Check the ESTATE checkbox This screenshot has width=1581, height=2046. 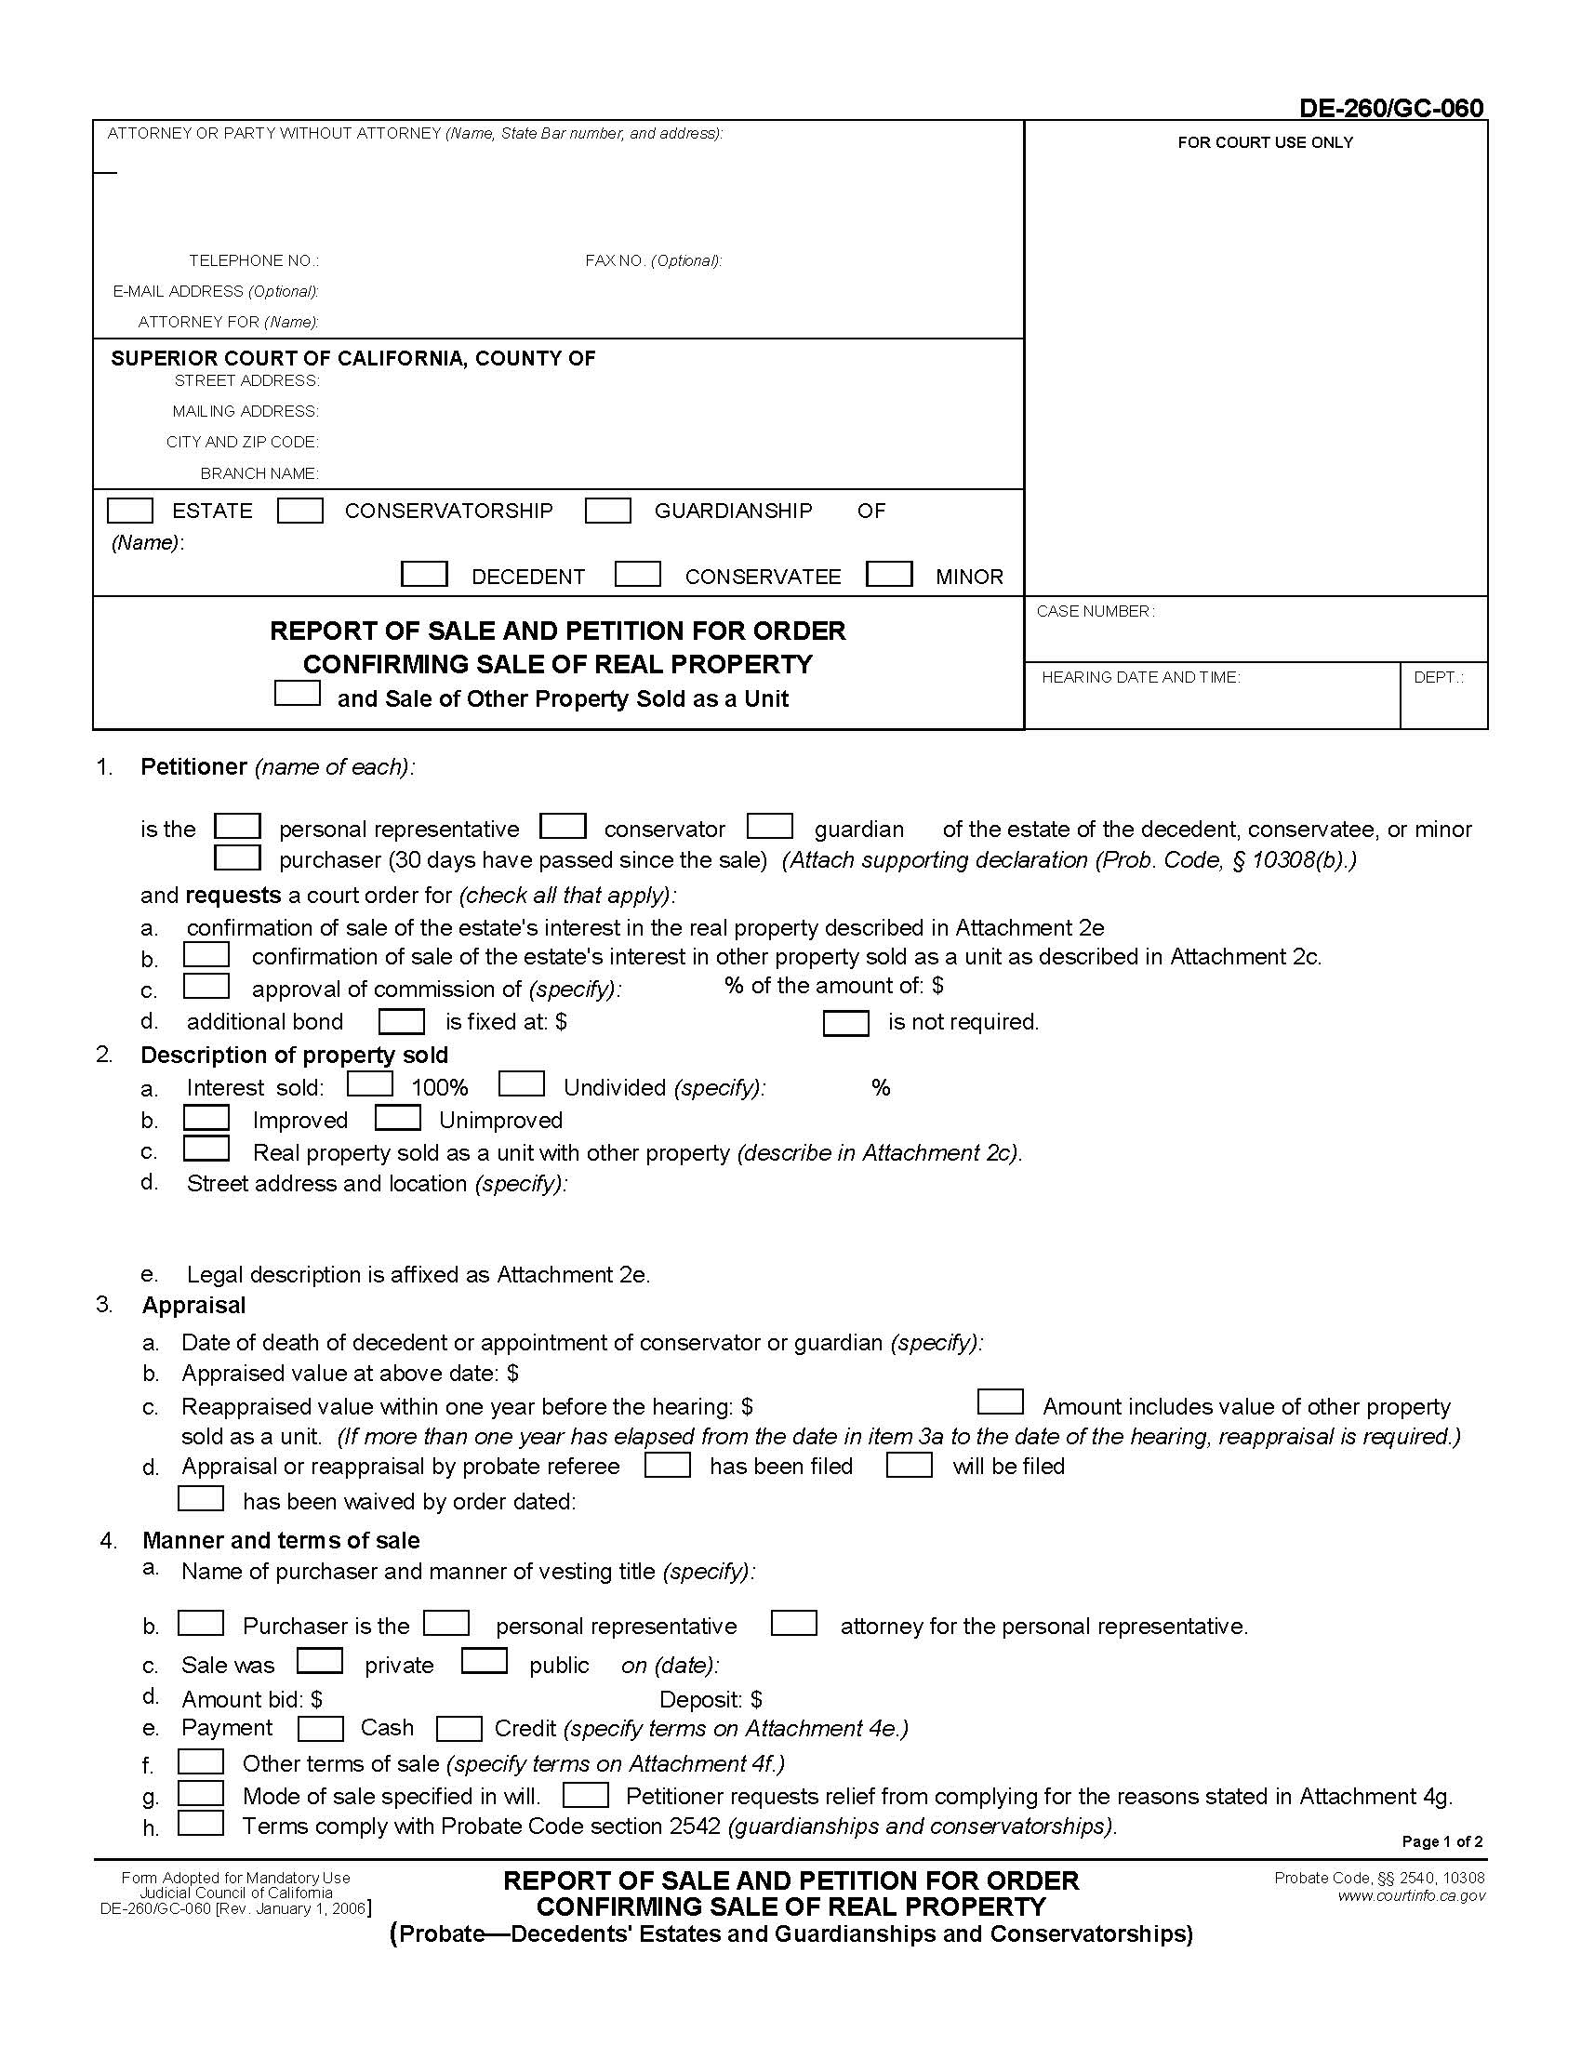130,511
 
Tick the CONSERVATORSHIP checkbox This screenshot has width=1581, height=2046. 300,511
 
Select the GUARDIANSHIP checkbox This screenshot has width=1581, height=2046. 607,511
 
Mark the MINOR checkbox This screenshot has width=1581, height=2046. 889,574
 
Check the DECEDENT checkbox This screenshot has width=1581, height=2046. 423,574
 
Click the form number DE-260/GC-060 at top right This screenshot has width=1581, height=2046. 1390,109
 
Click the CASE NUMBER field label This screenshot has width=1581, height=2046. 1095,612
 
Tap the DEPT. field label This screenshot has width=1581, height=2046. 1438,677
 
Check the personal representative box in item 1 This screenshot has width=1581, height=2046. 238,826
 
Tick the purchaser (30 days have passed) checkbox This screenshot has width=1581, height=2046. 238,858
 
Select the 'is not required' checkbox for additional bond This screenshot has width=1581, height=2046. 845,1023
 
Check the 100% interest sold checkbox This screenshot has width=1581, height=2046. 370,1084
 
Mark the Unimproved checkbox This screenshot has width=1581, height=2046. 397,1119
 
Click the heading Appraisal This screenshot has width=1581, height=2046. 193,1306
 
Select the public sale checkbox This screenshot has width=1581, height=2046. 485,1661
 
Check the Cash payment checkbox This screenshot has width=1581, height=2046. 320,1729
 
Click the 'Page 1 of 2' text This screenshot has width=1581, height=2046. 1441,1841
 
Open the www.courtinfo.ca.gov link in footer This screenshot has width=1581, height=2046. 1411,1896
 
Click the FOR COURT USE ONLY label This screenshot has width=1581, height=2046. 1265,143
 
